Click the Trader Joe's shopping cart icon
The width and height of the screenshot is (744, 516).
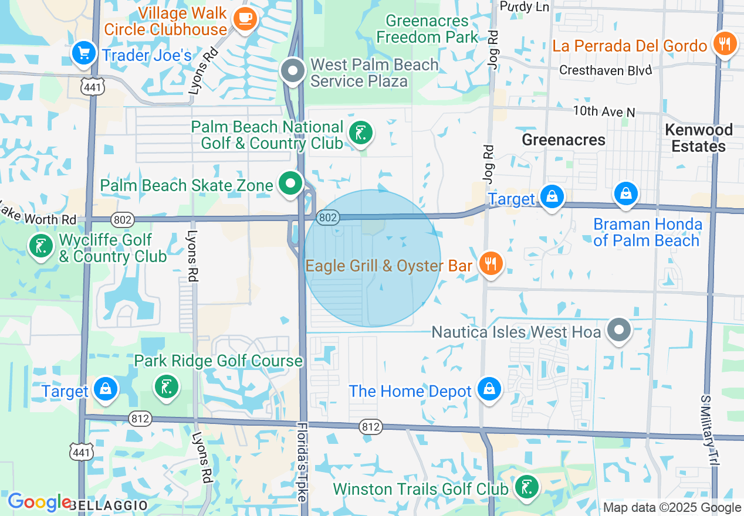[84, 53]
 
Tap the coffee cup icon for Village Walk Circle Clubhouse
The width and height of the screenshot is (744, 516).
[245, 18]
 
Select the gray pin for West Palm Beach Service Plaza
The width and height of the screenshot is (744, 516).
[292, 72]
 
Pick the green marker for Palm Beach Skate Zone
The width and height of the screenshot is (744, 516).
[289, 184]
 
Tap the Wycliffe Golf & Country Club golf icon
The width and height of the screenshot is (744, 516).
[40, 246]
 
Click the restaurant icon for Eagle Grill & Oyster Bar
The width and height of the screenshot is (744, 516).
[491, 264]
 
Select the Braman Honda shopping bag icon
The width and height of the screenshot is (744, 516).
[626, 193]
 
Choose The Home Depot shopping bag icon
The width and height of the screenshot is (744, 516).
[489, 389]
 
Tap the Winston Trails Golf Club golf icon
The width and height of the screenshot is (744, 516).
[526, 487]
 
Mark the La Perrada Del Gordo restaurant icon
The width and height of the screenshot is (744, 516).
[725, 44]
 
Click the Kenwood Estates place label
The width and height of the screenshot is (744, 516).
[698, 138]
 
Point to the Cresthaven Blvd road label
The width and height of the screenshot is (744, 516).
[606, 70]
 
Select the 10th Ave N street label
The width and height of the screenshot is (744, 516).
[604, 111]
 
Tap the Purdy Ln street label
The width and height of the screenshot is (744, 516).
[524, 6]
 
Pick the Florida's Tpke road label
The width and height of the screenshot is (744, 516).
[301, 461]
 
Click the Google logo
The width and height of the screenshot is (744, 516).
[39, 503]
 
